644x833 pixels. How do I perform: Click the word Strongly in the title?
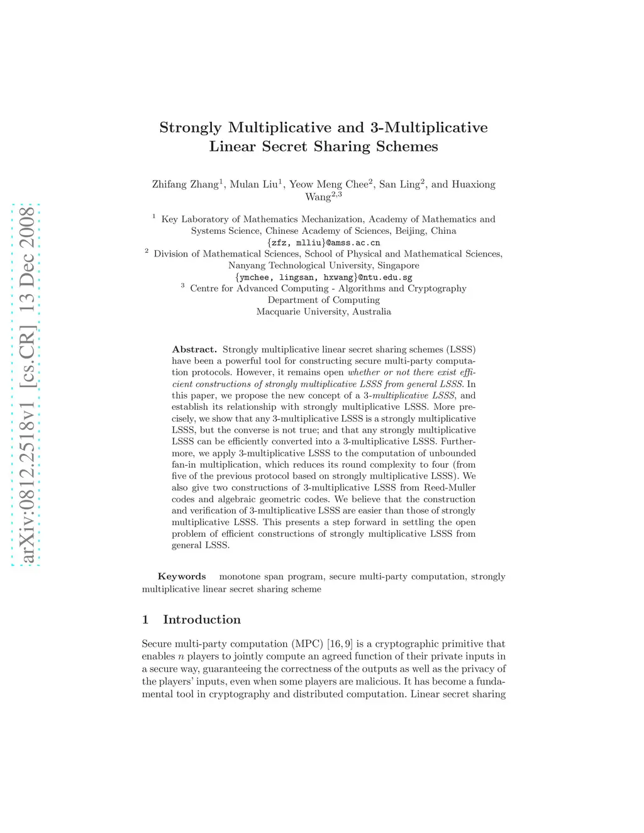191,128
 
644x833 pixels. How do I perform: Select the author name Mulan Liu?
253,184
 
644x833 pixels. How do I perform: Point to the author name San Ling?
399,184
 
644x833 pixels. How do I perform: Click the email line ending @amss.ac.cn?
323,243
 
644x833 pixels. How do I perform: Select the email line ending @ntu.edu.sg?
323,277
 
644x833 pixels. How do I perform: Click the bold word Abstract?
194,350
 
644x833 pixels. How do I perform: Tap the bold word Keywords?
182,576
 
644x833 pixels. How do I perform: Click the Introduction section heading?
201,620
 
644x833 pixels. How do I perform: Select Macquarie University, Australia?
323,312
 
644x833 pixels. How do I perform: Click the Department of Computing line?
323,300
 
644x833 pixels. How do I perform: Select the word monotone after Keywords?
239,576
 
